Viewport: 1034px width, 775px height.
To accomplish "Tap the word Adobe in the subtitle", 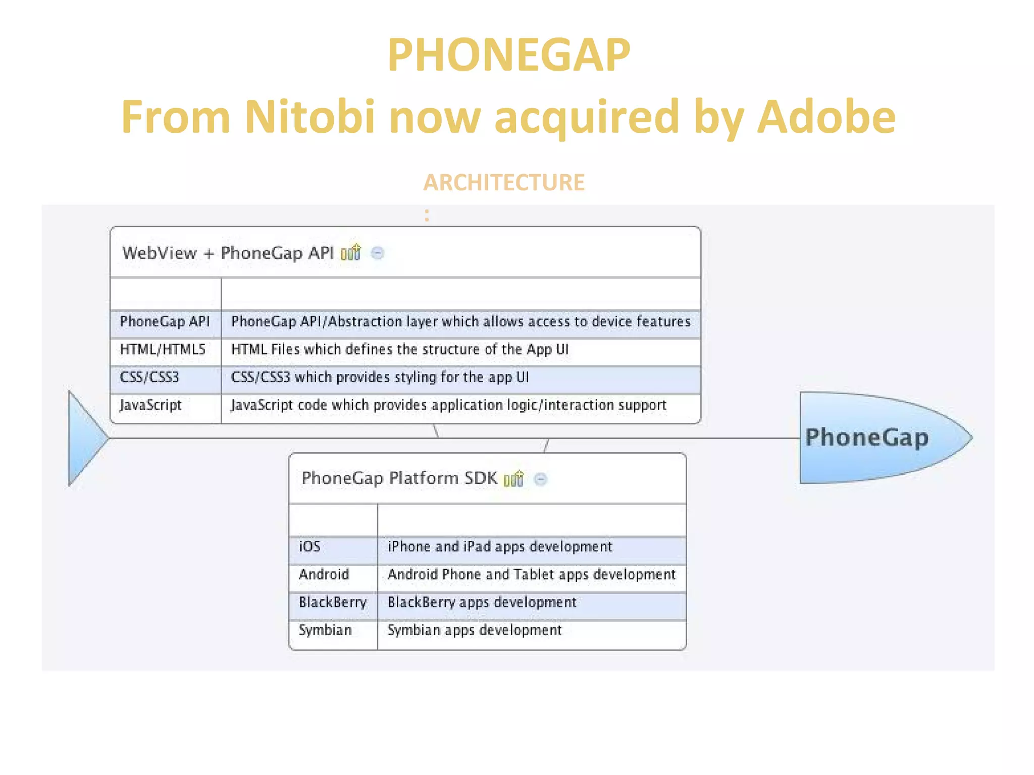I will coord(826,117).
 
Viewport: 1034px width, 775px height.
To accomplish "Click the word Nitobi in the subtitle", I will coord(309,117).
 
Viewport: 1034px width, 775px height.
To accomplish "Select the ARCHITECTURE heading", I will coord(504,183).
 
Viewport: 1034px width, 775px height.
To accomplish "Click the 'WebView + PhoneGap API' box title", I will coord(228,253).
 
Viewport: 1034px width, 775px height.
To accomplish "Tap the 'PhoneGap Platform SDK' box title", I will coord(399,478).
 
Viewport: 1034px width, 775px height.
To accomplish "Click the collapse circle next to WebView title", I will coord(377,253).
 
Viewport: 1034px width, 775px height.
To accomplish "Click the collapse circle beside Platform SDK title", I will coord(540,479).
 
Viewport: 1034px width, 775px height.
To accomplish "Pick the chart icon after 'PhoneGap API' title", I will coord(351,252).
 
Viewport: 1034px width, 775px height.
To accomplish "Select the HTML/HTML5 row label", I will coord(163,349).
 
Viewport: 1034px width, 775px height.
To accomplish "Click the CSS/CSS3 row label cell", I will coord(149,377).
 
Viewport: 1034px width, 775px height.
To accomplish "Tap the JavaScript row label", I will coord(150,405).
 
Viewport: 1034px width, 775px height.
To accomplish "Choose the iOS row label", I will coord(309,546).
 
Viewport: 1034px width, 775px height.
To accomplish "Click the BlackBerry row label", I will coord(333,602).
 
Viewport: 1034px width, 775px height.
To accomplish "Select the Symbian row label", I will coord(325,630).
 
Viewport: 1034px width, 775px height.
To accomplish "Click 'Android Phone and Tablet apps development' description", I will coord(531,575).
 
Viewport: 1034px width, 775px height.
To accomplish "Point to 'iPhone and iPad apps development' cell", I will coord(499,546).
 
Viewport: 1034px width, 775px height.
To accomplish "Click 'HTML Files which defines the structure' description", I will coord(399,349).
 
